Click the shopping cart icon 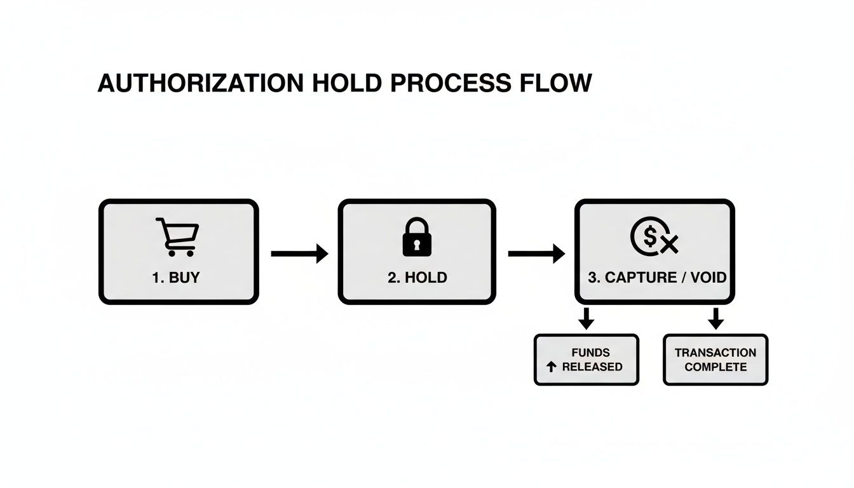pos(177,237)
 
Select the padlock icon pos(417,237)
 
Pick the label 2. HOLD pos(417,278)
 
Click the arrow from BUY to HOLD pos(299,254)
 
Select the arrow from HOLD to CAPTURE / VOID pos(536,254)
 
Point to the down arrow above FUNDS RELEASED pos(586,318)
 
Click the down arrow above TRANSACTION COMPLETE pos(716,318)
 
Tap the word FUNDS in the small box pos(590,353)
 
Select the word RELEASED pos(592,367)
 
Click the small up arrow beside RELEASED pos(552,367)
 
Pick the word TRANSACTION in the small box pos(715,353)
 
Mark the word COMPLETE pos(715,367)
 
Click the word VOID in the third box pos(708,278)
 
